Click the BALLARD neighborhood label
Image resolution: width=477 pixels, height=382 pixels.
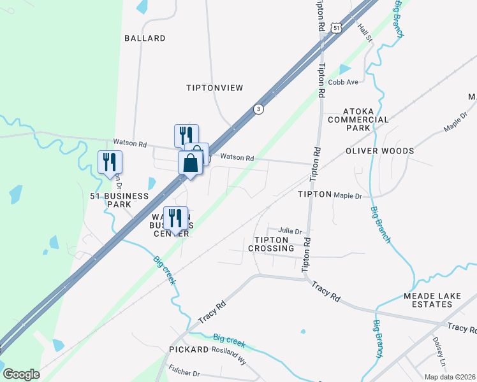click(x=145, y=38)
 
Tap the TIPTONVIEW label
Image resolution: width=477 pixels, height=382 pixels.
click(x=214, y=88)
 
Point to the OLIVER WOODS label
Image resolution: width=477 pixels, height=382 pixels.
click(x=379, y=151)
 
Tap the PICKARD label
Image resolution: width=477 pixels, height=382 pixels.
click(x=189, y=350)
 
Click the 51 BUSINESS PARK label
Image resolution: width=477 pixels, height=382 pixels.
click(x=110, y=201)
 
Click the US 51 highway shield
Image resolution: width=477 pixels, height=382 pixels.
click(x=337, y=27)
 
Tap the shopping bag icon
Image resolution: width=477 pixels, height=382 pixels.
click(x=191, y=163)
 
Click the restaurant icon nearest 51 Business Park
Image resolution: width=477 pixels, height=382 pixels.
click(x=110, y=162)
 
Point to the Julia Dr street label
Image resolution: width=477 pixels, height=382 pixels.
click(x=289, y=231)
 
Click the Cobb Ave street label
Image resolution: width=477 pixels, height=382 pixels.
click(x=343, y=82)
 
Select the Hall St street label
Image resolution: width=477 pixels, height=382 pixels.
click(x=365, y=33)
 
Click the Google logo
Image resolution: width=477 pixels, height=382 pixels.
click(x=21, y=374)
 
